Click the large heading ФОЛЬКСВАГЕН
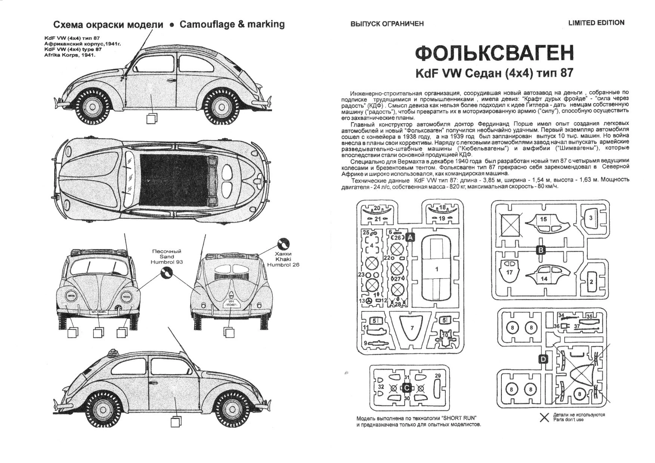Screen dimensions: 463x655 click(494, 54)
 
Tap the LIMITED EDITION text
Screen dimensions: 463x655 click(596, 23)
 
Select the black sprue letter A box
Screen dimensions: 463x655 click(410, 237)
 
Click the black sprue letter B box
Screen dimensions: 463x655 click(540, 250)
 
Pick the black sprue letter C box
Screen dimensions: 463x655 click(407, 388)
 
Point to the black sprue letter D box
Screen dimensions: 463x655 click(543, 359)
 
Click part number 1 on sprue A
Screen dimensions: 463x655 click(437, 269)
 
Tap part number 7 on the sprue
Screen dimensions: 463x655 click(412, 328)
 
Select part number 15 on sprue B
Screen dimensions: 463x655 click(543, 219)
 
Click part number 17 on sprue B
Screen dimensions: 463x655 click(509, 272)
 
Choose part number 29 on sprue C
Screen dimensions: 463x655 click(438, 376)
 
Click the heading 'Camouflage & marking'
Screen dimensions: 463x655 click(232, 24)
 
